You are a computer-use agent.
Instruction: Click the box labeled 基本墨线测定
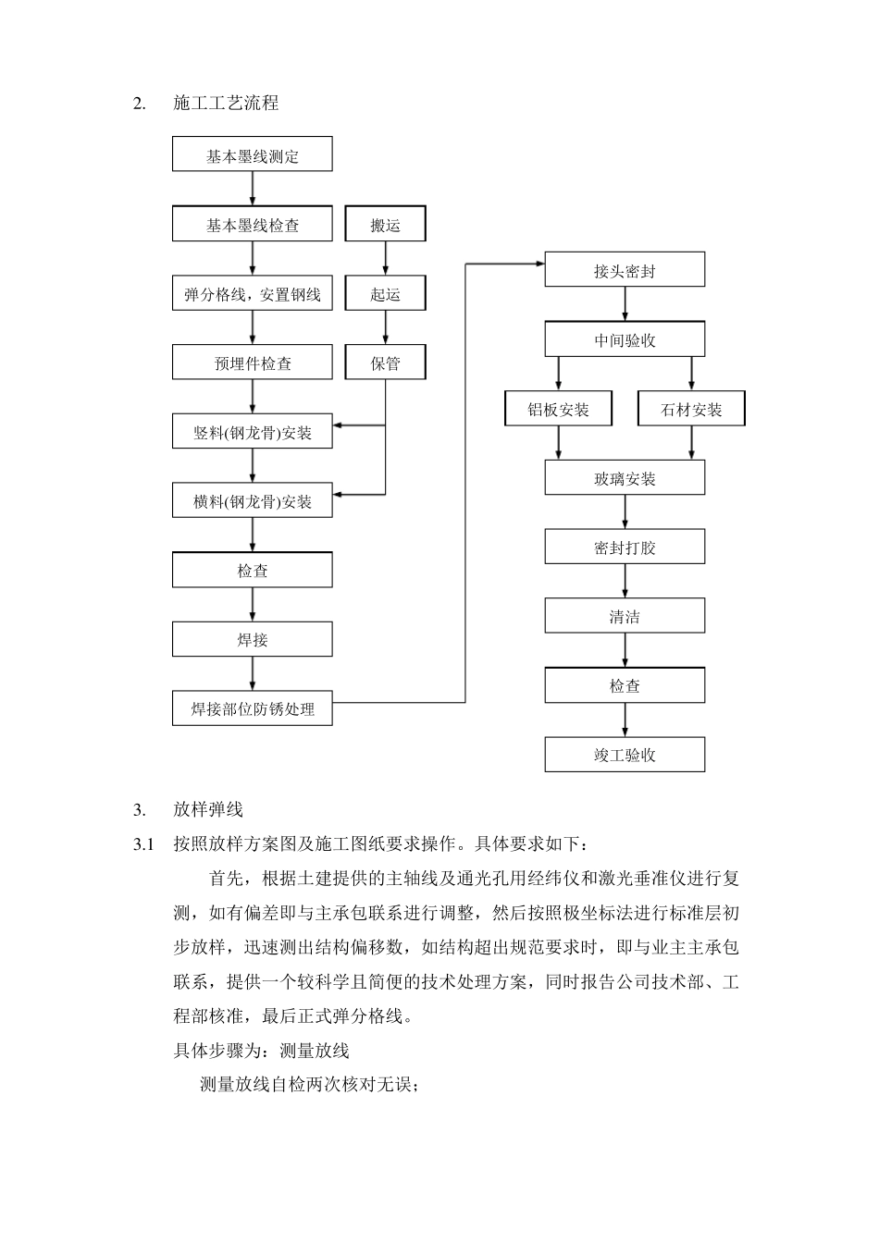click(252, 154)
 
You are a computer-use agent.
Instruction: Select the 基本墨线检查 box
click(252, 225)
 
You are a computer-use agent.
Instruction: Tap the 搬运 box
click(385, 225)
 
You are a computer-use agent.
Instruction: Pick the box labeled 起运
click(385, 294)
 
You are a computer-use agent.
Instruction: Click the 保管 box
click(385, 363)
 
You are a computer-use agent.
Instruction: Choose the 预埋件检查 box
click(252, 363)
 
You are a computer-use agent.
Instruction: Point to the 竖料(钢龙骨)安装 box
click(252, 432)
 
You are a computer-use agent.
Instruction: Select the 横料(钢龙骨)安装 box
click(252, 501)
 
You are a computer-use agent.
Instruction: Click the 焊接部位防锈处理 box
click(252, 708)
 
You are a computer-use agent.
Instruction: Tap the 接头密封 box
click(625, 271)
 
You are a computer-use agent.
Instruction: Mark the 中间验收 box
click(625, 339)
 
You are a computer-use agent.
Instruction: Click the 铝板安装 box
click(558, 409)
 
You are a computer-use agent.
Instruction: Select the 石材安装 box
click(691, 409)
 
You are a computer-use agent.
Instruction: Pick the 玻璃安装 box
click(625, 478)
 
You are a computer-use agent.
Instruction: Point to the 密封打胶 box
click(625, 547)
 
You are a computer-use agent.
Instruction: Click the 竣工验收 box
click(625, 755)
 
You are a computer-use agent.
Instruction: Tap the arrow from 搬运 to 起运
click(385, 259)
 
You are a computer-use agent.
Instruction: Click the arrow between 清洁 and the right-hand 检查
click(625, 651)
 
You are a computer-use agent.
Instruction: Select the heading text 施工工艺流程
click(226, 104)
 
